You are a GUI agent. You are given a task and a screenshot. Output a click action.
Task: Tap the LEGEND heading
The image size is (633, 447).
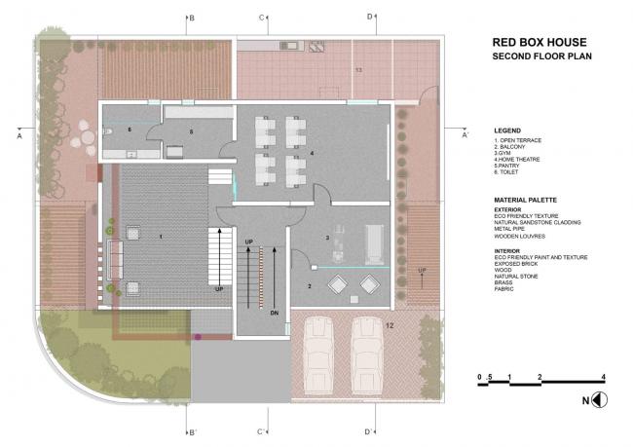[x=507, y=130]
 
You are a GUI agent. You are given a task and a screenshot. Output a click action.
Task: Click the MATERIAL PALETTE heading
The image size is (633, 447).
[x=525, y=199]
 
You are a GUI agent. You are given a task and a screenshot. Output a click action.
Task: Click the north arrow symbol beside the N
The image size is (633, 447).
[x=601, y=399]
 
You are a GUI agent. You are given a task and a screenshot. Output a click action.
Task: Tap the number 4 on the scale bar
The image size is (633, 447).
[x=604, y=376]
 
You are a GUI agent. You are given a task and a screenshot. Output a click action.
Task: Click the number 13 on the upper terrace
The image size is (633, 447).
[x=357, y=71]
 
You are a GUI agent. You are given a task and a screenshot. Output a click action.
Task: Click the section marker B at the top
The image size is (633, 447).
[x=192, y=18]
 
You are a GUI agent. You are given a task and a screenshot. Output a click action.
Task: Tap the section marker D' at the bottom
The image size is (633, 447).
[x=370, y=431]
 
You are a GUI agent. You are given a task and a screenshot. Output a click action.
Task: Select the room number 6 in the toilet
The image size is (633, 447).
[x=130, y=129]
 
